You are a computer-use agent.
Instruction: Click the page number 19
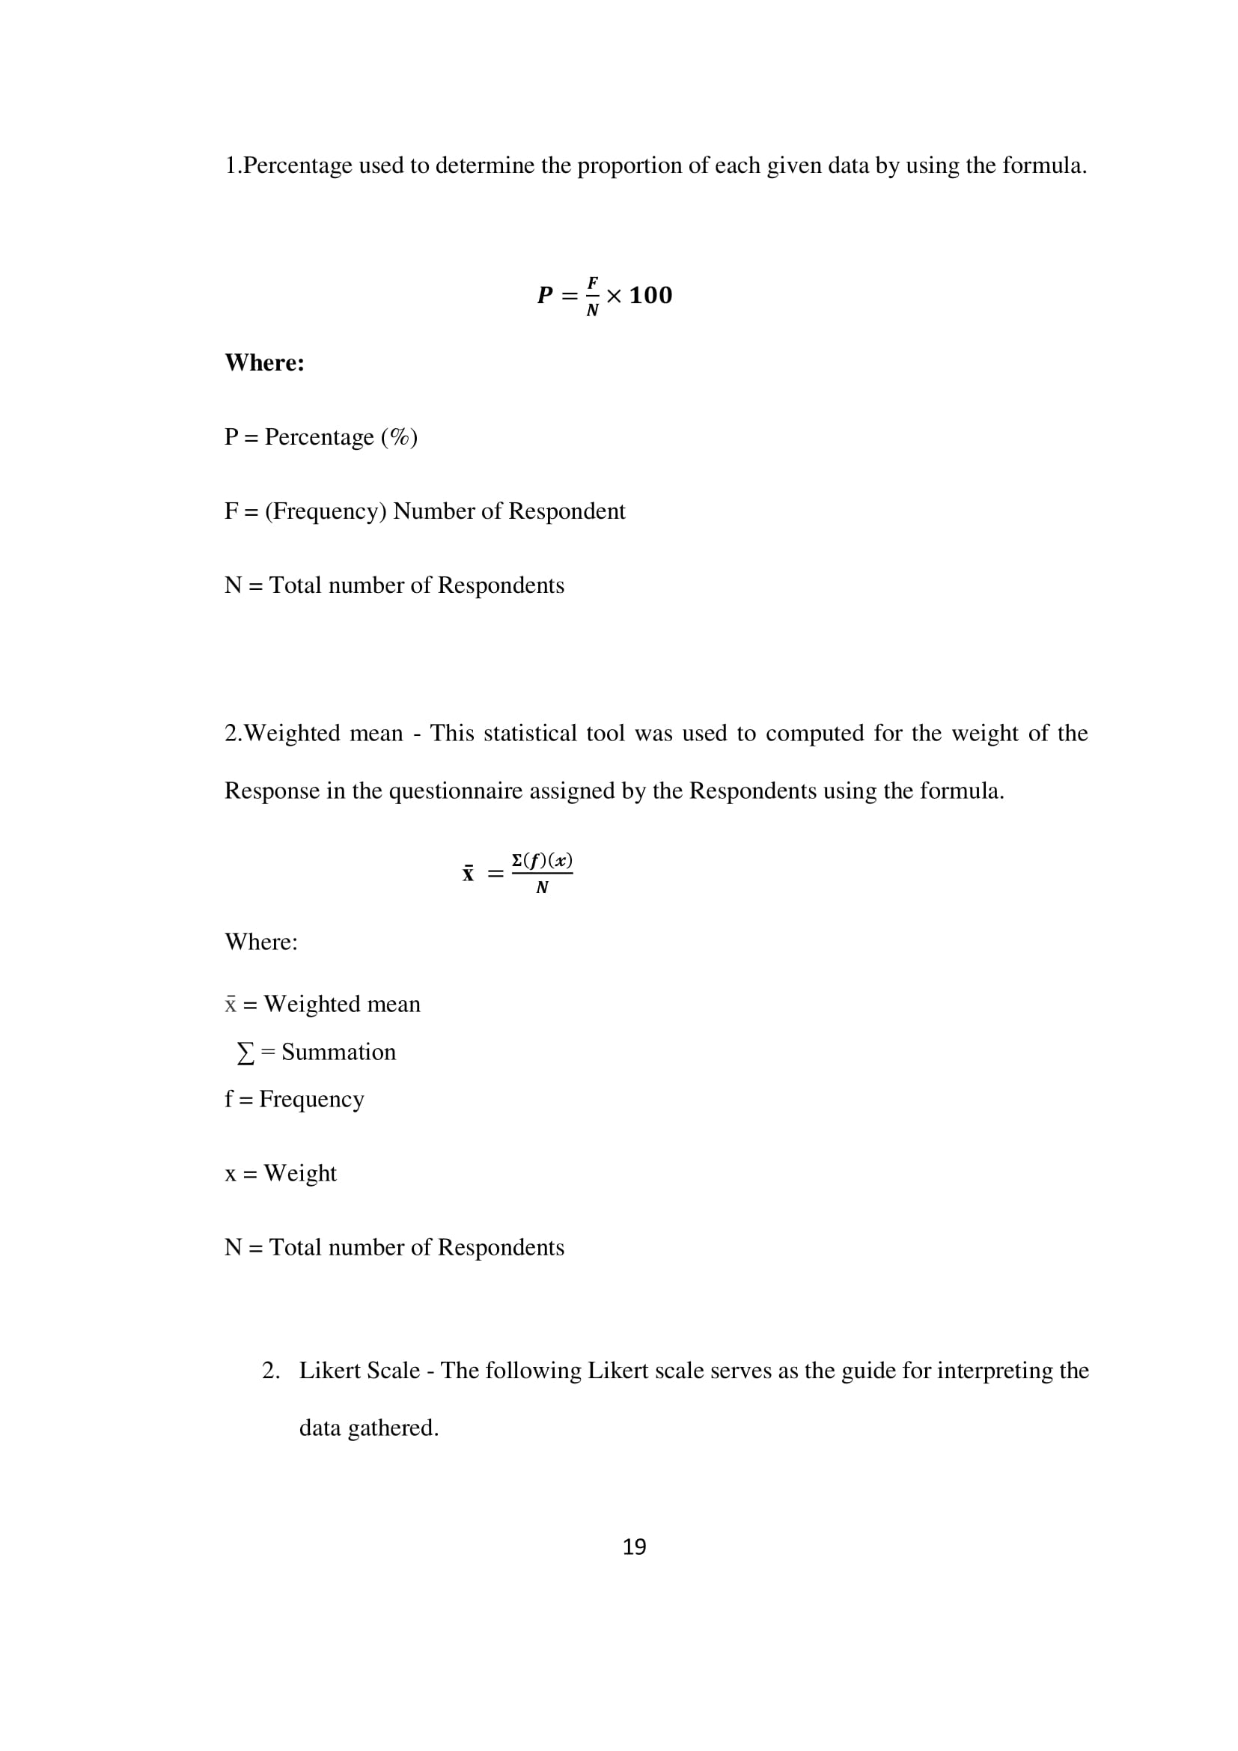634,1547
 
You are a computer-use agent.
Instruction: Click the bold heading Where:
264,363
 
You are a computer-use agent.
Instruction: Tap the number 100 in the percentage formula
650,296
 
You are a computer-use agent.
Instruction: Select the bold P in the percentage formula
545,296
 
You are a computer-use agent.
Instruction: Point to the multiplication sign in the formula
614,296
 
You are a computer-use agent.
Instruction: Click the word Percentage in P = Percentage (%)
320,437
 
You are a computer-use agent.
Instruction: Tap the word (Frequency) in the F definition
326,511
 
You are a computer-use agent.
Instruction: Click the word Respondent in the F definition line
567,511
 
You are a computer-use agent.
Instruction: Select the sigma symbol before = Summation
246,1054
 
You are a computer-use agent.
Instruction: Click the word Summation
338,1053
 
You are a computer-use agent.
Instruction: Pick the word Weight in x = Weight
299,1173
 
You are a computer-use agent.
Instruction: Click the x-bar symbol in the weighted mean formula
468,874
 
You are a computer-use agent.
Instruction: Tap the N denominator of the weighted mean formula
542,888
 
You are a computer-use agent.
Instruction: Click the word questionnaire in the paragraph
456,791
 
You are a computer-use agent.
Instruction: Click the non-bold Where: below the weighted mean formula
260,942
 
